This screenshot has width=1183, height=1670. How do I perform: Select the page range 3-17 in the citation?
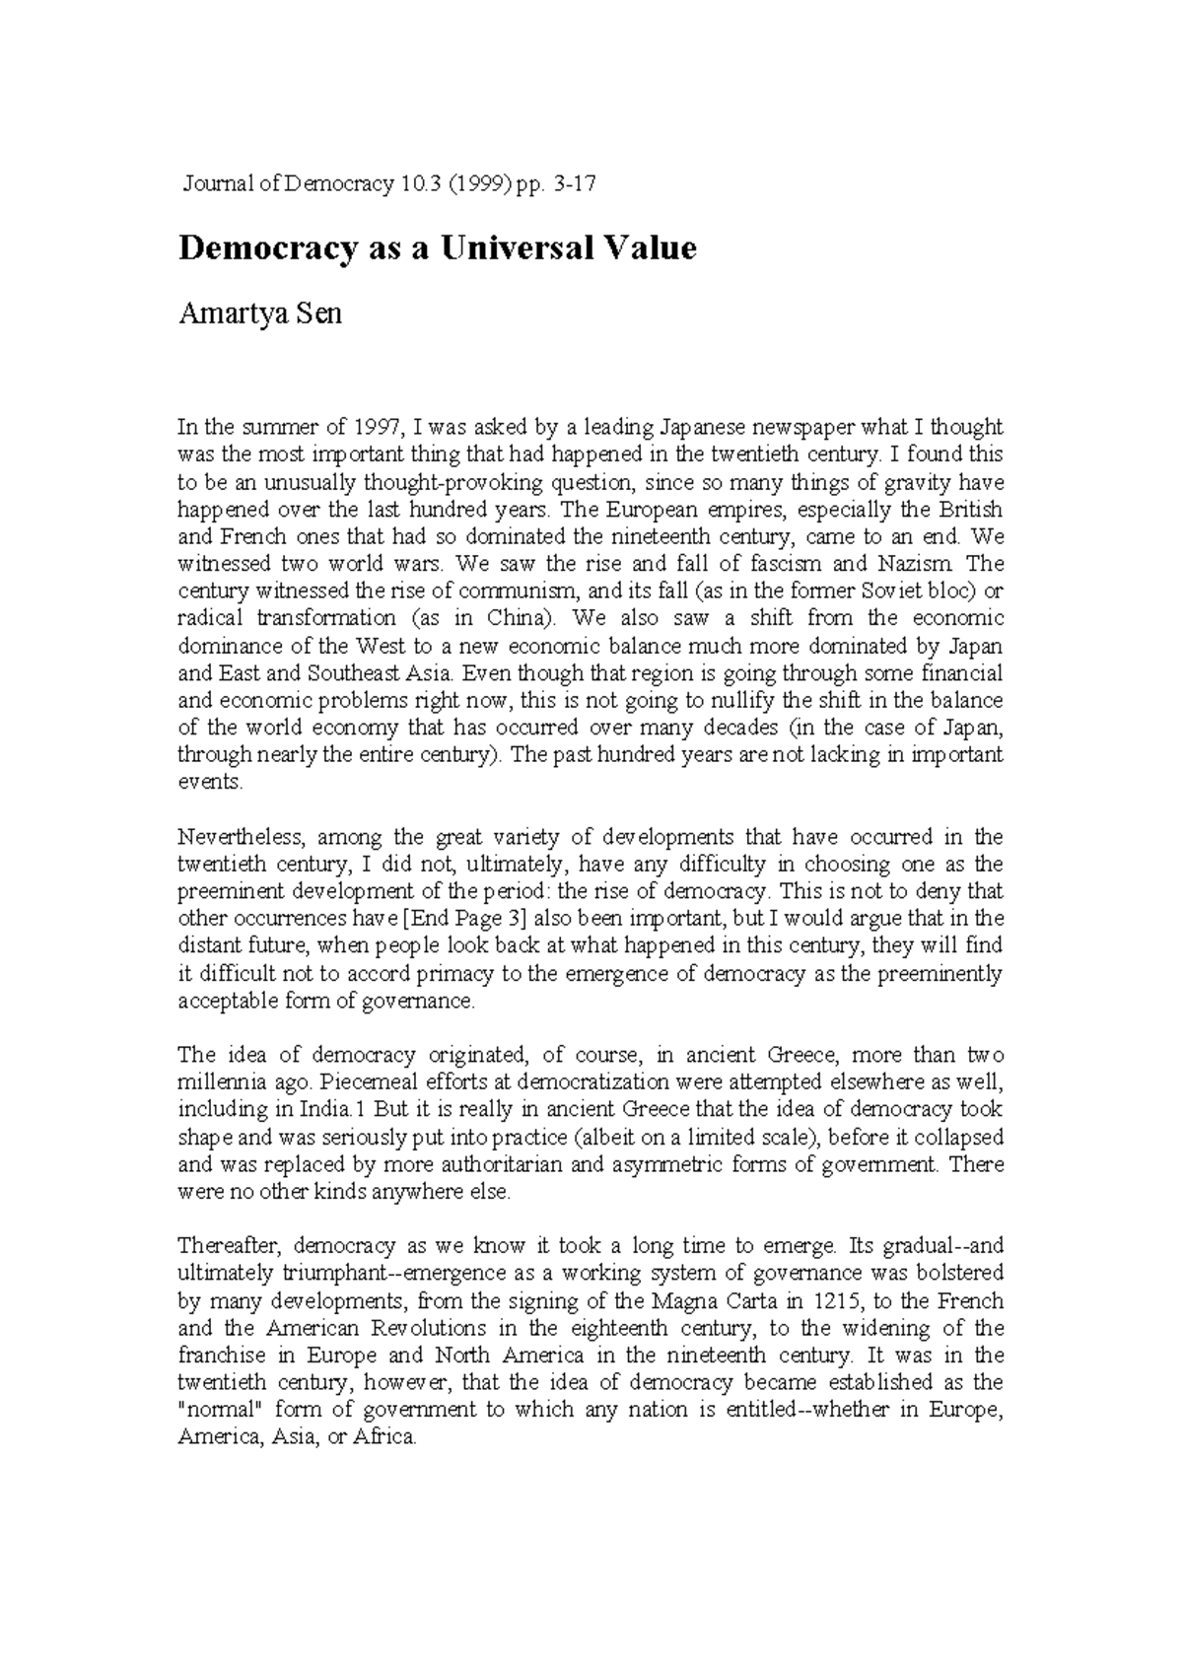[x=576, y=184]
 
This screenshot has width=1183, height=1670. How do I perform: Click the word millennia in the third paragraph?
[x=222, y=1082]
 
